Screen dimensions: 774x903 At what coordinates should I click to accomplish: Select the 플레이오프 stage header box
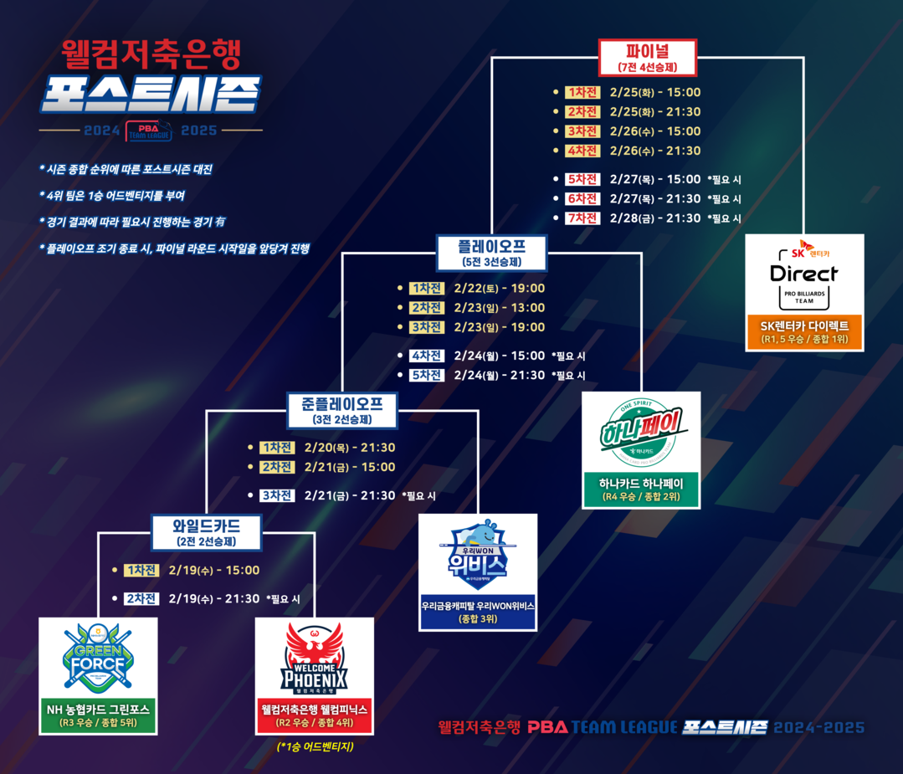pos(492,252)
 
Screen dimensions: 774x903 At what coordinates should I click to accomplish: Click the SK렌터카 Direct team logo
pos(804,273)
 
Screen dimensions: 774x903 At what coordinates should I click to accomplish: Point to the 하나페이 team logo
pos(641,431)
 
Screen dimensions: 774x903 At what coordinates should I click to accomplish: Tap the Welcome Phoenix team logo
pos(315,659)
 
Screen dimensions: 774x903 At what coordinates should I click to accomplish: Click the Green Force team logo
pos(99,659)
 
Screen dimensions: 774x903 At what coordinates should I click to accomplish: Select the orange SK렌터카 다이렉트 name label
pos(804,331)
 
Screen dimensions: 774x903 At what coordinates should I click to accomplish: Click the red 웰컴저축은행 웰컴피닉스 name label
pos(315,715)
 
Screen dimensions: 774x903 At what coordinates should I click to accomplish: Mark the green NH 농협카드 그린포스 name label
pos(99,715)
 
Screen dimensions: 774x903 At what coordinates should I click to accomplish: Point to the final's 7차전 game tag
pos(582,218)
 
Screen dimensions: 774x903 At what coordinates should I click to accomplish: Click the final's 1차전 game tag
pos(582,93)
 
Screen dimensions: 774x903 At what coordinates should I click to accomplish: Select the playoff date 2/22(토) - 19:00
pos(500,289)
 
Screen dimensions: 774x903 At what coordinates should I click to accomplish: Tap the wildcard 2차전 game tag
pos(141,599)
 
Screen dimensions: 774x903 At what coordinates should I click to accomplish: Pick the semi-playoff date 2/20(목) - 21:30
pos(350,448)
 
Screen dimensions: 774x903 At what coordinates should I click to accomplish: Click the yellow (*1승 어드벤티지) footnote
pos(315,746)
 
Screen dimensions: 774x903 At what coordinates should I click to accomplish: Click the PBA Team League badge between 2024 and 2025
pos(149,131)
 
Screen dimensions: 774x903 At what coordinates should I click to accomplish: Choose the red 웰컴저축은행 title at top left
pos(151,55)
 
